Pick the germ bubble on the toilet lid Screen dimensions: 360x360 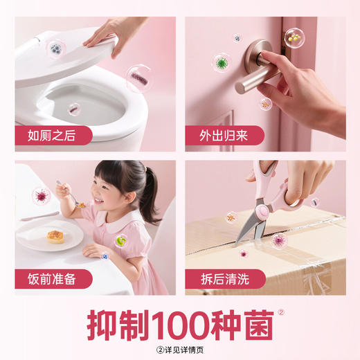(x=55, y=48)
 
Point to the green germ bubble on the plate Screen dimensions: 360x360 (x=121, y=240)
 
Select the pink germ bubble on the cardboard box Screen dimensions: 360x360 (x=280, y=240)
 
